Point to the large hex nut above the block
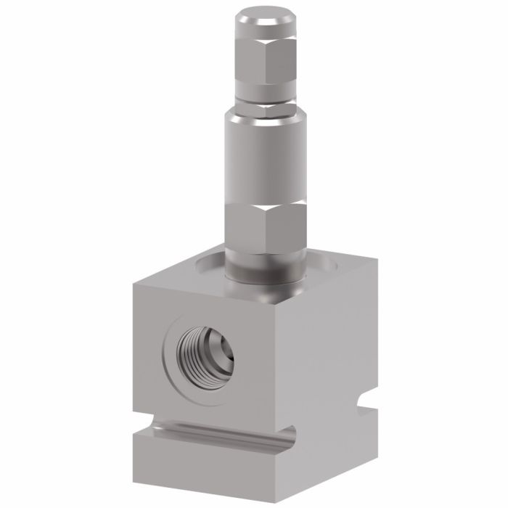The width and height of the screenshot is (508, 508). click(266, 229)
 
